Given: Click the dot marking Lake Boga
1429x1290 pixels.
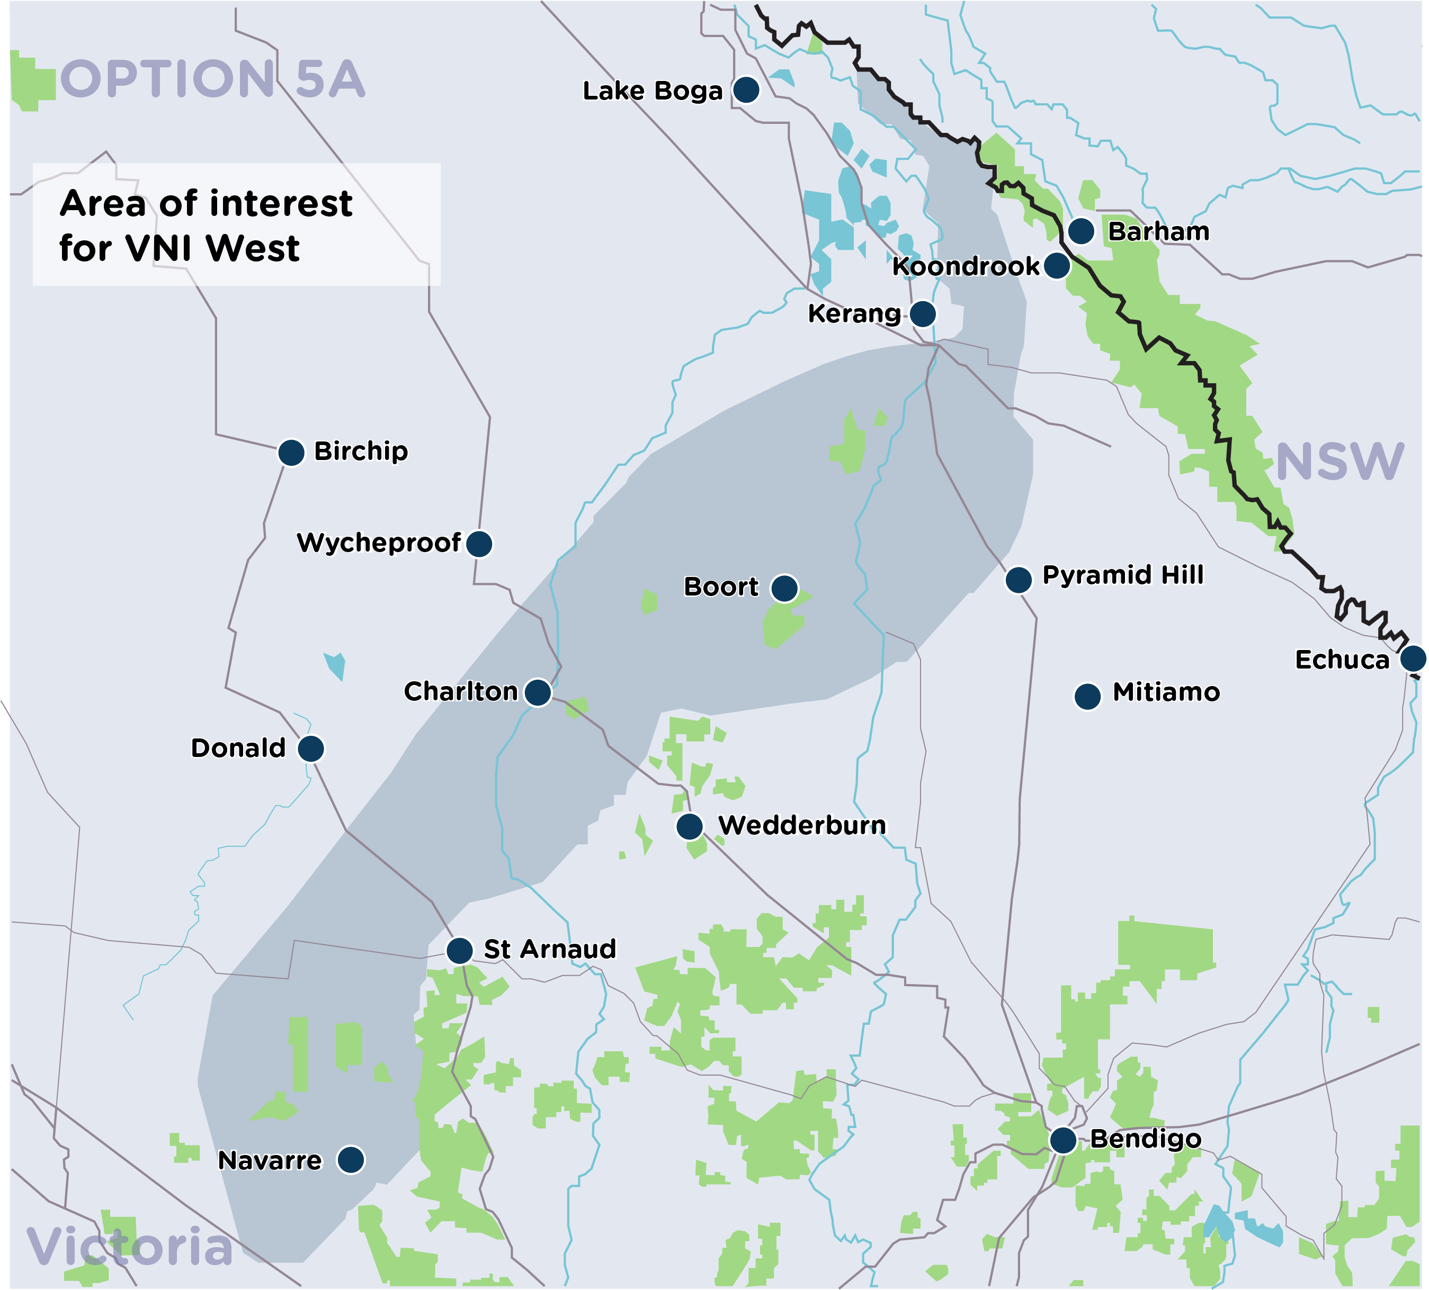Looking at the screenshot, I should [x=746, y=90].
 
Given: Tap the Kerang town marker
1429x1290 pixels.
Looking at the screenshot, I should [x=922, y=313].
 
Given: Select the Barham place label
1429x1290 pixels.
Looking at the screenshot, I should [x=1158, y=232].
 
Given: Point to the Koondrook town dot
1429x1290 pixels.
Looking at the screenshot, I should [x=1056, y=266].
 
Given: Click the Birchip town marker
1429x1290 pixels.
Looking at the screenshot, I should [x=291, y=452].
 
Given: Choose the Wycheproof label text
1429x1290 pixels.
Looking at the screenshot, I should [x=379, y=543].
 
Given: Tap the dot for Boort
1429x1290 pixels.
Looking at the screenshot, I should [x=784, y=588].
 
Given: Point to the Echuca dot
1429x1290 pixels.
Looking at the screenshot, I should [x=1413, y=658].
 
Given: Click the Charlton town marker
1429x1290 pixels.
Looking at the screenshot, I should [x=537, y=692].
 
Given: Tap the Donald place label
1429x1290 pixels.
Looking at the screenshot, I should [x=238, y=748].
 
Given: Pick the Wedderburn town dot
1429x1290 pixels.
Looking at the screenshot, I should [x=689, y=826].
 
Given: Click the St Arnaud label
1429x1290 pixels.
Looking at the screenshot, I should [x=549, y=949].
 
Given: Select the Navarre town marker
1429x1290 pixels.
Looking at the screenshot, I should [x=350, y=1160].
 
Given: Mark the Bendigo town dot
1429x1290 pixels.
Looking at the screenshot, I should [x=1062, y=1141].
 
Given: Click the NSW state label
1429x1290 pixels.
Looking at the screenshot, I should [x=1339, y=462].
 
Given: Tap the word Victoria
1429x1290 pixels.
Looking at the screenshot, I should [x=130, y=1247].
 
